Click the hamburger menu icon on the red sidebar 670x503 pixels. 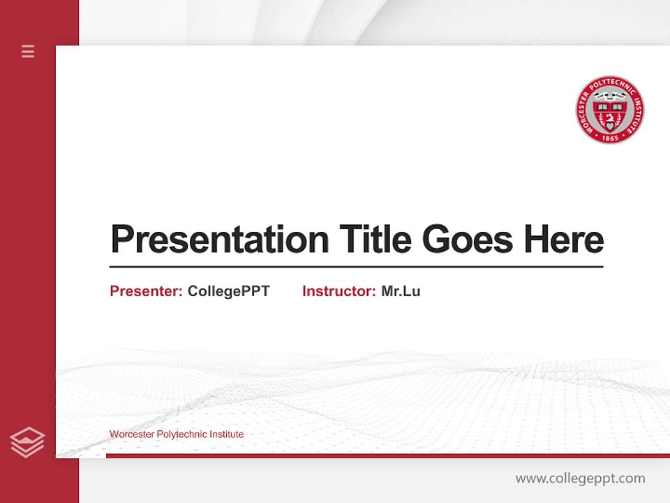pos(28,51)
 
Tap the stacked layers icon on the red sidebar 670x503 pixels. pos(27,442)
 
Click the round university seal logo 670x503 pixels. pos(609,110)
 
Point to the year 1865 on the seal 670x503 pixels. pos(610,138)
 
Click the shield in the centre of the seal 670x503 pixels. pos(610,112)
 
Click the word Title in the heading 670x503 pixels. pos(375,239)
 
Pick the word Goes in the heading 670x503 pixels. pos(468,239)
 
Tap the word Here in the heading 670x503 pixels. pos(564,239)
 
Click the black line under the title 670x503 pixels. pos(356,266)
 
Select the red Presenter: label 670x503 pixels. pos(146,291)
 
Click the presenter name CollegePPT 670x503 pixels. pos(228,291)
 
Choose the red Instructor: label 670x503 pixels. pos(338,291)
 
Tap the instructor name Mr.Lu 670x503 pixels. pos(401,291)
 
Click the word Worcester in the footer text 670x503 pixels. pos(132,435)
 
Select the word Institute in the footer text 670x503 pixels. pos(224,435)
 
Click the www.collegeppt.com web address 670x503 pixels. pos(580,479)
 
